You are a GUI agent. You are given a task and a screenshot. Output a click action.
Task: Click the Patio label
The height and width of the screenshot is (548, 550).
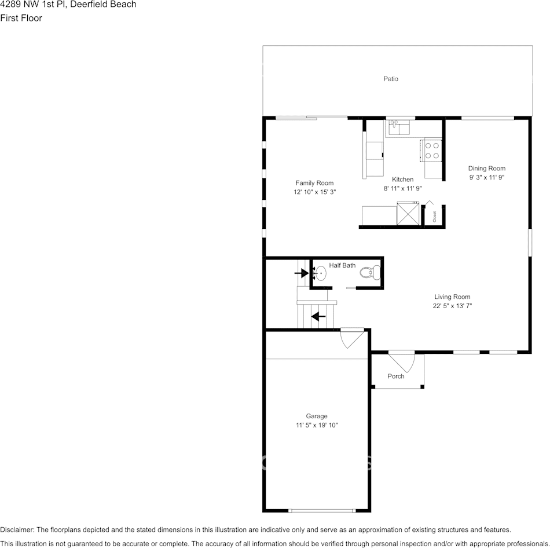(391, 79)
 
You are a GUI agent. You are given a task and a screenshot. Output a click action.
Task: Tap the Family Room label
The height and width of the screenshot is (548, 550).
(314, 183)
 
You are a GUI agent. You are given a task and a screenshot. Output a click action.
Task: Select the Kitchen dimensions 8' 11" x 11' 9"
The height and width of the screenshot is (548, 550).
(402, 188)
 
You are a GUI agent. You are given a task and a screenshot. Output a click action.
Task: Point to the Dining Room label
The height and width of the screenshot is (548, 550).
(486, 169)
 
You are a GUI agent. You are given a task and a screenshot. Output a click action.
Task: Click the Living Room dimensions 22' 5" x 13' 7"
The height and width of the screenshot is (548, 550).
(452, 306)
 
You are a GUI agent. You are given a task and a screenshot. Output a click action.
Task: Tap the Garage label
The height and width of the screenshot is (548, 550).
(317, 416)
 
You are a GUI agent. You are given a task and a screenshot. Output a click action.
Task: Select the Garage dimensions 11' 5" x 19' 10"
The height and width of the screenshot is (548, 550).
(317, 425)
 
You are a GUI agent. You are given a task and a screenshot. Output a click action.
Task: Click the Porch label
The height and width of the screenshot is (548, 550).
(396, 377)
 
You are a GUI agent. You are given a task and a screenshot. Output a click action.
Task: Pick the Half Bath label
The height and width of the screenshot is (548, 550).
(342, 265)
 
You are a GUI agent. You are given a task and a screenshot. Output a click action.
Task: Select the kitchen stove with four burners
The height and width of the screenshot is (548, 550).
(432, 150)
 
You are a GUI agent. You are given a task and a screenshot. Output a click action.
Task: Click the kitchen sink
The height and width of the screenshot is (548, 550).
(398, 127)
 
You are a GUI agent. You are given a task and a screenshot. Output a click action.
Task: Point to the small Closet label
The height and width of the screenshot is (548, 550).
(434, 216)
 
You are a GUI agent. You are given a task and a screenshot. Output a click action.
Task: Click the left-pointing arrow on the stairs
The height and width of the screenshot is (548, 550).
(318, 316)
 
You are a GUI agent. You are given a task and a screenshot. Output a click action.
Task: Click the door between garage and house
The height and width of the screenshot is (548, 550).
(352, 338)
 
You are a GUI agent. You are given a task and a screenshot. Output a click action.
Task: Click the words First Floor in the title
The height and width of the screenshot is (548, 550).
(21, 18)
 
